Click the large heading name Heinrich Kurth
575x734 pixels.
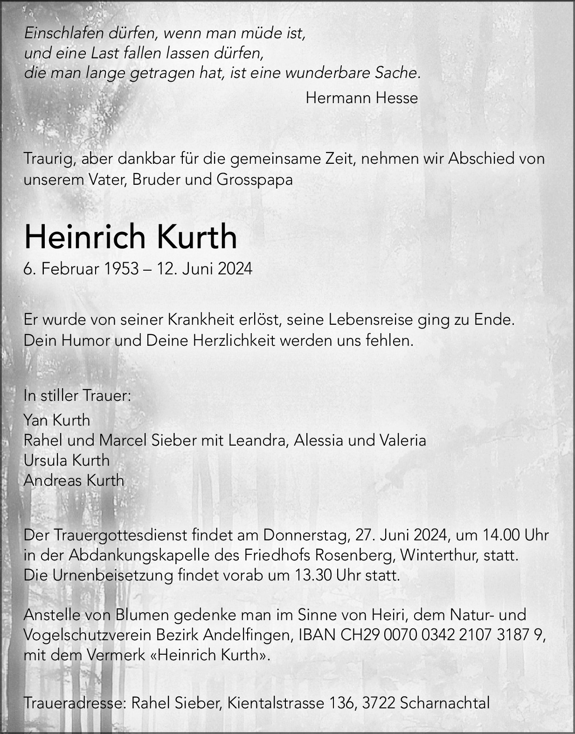pyautogui.click(x=131, y=237)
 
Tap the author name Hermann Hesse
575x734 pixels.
pyautogui.click(x=361, y=98)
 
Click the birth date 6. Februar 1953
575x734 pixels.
pyautogui.click(x=82, y=269)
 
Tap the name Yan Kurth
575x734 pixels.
pyautogui.click(x=57, y=420)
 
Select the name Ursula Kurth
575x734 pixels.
pyautogui.click(x=67, y=460)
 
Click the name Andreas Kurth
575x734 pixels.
pyautogui.click(x=74, y=480)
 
